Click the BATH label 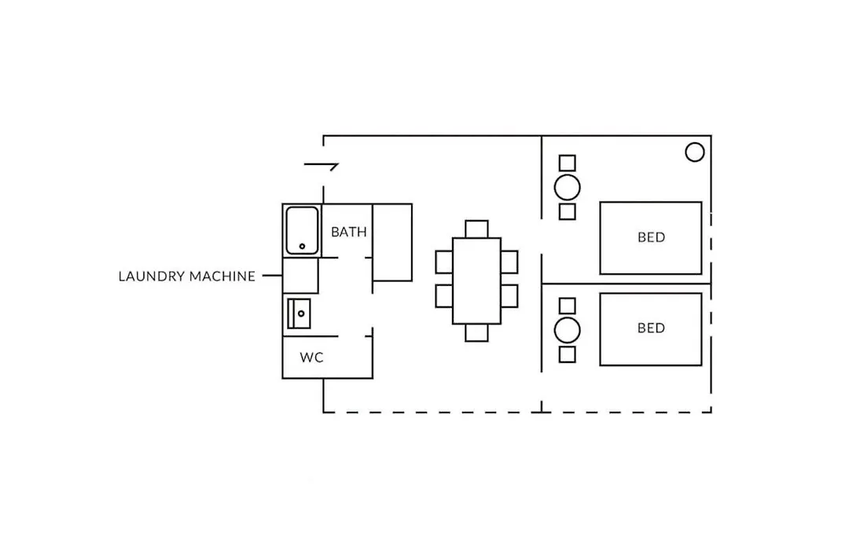coord(349,232)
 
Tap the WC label coord(311,357)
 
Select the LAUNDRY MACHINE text coord(187,276)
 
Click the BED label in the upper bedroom coord(651,237)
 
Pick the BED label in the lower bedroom coord(651,328)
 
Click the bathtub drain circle coord(302,246)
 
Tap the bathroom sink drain coord(301,313)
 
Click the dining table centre coord(476,280)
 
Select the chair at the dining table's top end coord(476,229)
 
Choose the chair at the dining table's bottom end coord(476,332)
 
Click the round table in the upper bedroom coord(568,188)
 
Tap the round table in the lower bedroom coord(568,330)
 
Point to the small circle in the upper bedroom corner coord(695,152)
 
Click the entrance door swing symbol coord(322,164)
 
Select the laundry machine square coord(300,276)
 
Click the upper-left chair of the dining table coord(444,262)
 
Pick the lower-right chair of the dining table coord(509,296)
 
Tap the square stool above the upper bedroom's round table coord(568,163)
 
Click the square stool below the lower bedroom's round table coord(568,354)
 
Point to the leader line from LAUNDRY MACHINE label coord(272,276)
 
